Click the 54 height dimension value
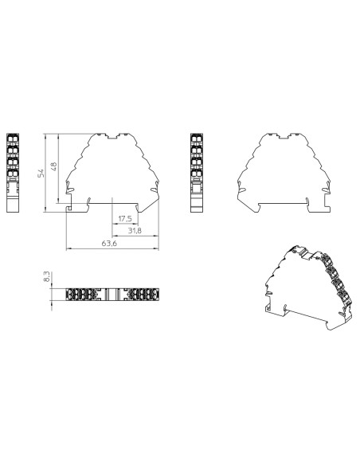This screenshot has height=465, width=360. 41,173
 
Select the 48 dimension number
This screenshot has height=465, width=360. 53,166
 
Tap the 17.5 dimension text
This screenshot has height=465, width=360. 125,217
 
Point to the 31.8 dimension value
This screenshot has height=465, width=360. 135,231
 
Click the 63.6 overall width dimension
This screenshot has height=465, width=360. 109,244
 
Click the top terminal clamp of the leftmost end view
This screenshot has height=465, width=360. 13,139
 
